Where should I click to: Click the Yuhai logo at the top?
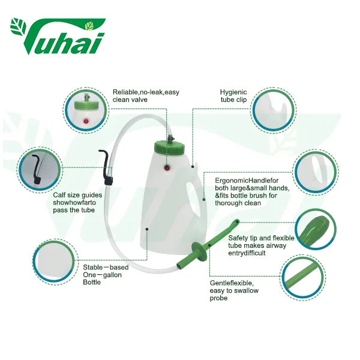(58, 35)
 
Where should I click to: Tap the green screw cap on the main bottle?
(169, 148)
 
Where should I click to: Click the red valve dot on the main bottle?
(167, 168)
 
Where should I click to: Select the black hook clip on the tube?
(106, 167)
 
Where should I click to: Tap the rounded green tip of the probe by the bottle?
(236, 222)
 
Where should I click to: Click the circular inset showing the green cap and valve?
(86, 110)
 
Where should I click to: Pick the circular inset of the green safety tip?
(315, 230)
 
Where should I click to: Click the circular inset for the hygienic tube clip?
(273, 110)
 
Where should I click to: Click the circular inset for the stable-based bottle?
(55, 262)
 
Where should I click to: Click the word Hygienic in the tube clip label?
(233, 92)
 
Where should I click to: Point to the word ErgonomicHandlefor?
(247, 181)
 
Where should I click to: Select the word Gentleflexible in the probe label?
(232, 283)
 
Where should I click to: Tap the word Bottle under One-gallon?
(92, 282)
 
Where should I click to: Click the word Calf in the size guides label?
(59, 195)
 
